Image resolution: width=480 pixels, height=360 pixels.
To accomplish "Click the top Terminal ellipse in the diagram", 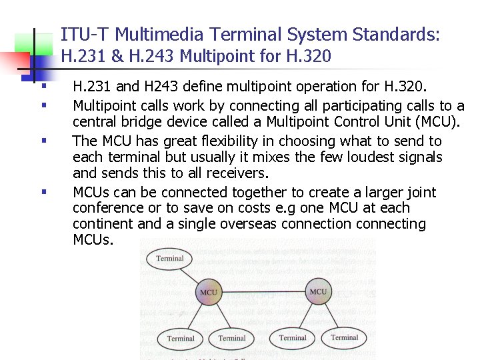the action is pos(169,259).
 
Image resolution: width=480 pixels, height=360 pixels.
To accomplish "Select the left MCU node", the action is pos(209,292).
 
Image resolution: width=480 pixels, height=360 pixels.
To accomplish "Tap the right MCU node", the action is pos(319,291).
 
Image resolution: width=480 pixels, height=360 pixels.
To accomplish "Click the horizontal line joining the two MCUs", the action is pos(263,292).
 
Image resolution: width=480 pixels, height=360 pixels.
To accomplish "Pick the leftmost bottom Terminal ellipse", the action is pos(181,339).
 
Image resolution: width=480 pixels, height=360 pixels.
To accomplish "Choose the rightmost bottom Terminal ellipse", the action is pos(345,337).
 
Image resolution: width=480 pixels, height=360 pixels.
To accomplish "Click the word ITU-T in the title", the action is pos(79,34).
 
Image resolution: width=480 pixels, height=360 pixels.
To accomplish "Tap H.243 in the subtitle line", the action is pos(154,57).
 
